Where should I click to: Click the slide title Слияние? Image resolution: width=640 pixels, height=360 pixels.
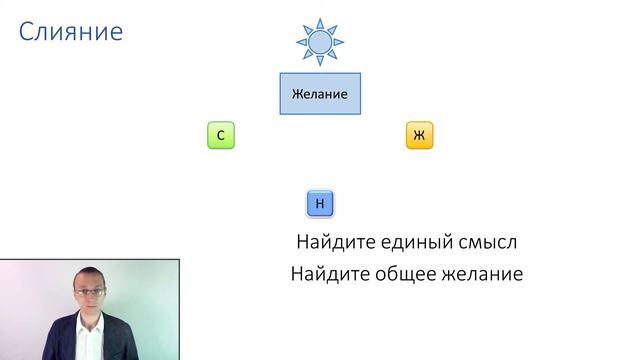pyautogui.click(x=71, y=33)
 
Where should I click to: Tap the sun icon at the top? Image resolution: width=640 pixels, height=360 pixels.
pyautogui.click(x=320, y=42)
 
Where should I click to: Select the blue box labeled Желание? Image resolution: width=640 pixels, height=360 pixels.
pyautogui.click(x=320, y=94)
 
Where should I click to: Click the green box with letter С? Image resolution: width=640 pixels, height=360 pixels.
pyautogui.click(x=220, y=135)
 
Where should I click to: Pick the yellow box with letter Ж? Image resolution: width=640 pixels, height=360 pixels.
pyautogui.click(x=419, y=135)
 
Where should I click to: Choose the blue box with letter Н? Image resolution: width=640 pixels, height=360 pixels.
pyautogui.click(x=320, y=204)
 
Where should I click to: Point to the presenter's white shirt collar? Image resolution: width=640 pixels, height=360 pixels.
pyautogui.click(x=95, y=325)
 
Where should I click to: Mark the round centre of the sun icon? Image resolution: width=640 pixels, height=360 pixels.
pyautogui.click(x=320, y=43)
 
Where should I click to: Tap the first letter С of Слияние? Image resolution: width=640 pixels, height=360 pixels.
pyautogui.click(x=27, y=33)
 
